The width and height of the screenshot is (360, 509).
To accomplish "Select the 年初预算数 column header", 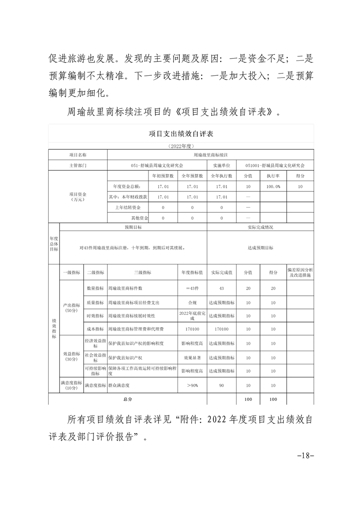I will pyautogui.click(x=163, y=176).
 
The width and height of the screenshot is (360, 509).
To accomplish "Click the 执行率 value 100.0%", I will pyautogui.click(x=273, y=186).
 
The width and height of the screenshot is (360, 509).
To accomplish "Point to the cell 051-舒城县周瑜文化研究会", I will pyautogui.click(x=157, y=166).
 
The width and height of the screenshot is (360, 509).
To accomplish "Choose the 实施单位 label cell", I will pyautogui.click(x=222, y=166).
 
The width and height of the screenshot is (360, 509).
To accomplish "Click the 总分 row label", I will pyautogui.click(x=127, y=399).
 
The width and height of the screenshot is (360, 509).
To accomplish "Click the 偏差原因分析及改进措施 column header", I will pyautogui.click(x=300, y=272).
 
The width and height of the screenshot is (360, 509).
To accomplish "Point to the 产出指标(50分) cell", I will pyautogui.click(x=71, y=308).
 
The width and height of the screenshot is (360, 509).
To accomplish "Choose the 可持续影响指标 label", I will pyautogui.click(x=95, y=371).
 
